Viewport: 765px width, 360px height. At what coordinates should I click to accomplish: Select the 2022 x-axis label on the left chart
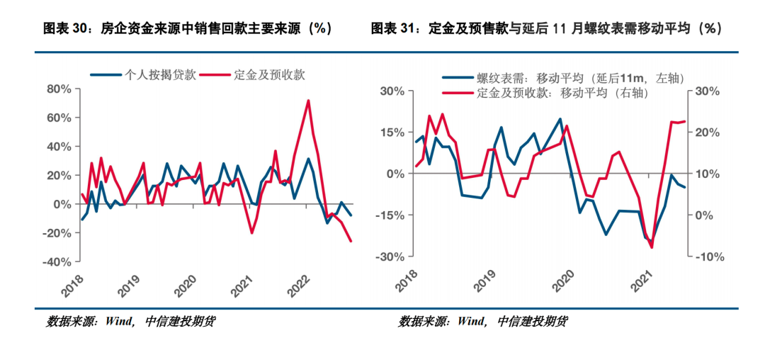[x=295, y=286]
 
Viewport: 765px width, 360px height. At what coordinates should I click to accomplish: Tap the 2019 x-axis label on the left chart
[x=129, y=286]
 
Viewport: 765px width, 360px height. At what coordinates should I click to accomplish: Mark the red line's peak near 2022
[x=308, y=101]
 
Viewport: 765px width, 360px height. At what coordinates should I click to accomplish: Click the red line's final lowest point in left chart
[x=351, y=242]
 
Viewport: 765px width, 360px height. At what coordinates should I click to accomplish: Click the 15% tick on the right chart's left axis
[x=391, y=133]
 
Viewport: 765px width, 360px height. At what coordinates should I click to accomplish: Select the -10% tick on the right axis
[x=704, y=257]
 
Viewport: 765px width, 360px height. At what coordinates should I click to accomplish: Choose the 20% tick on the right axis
[x=705, y=133]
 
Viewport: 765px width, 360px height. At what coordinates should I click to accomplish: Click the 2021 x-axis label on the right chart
[x=643, y=284]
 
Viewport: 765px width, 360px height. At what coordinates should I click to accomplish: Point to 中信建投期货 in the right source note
[x=532, y=321]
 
